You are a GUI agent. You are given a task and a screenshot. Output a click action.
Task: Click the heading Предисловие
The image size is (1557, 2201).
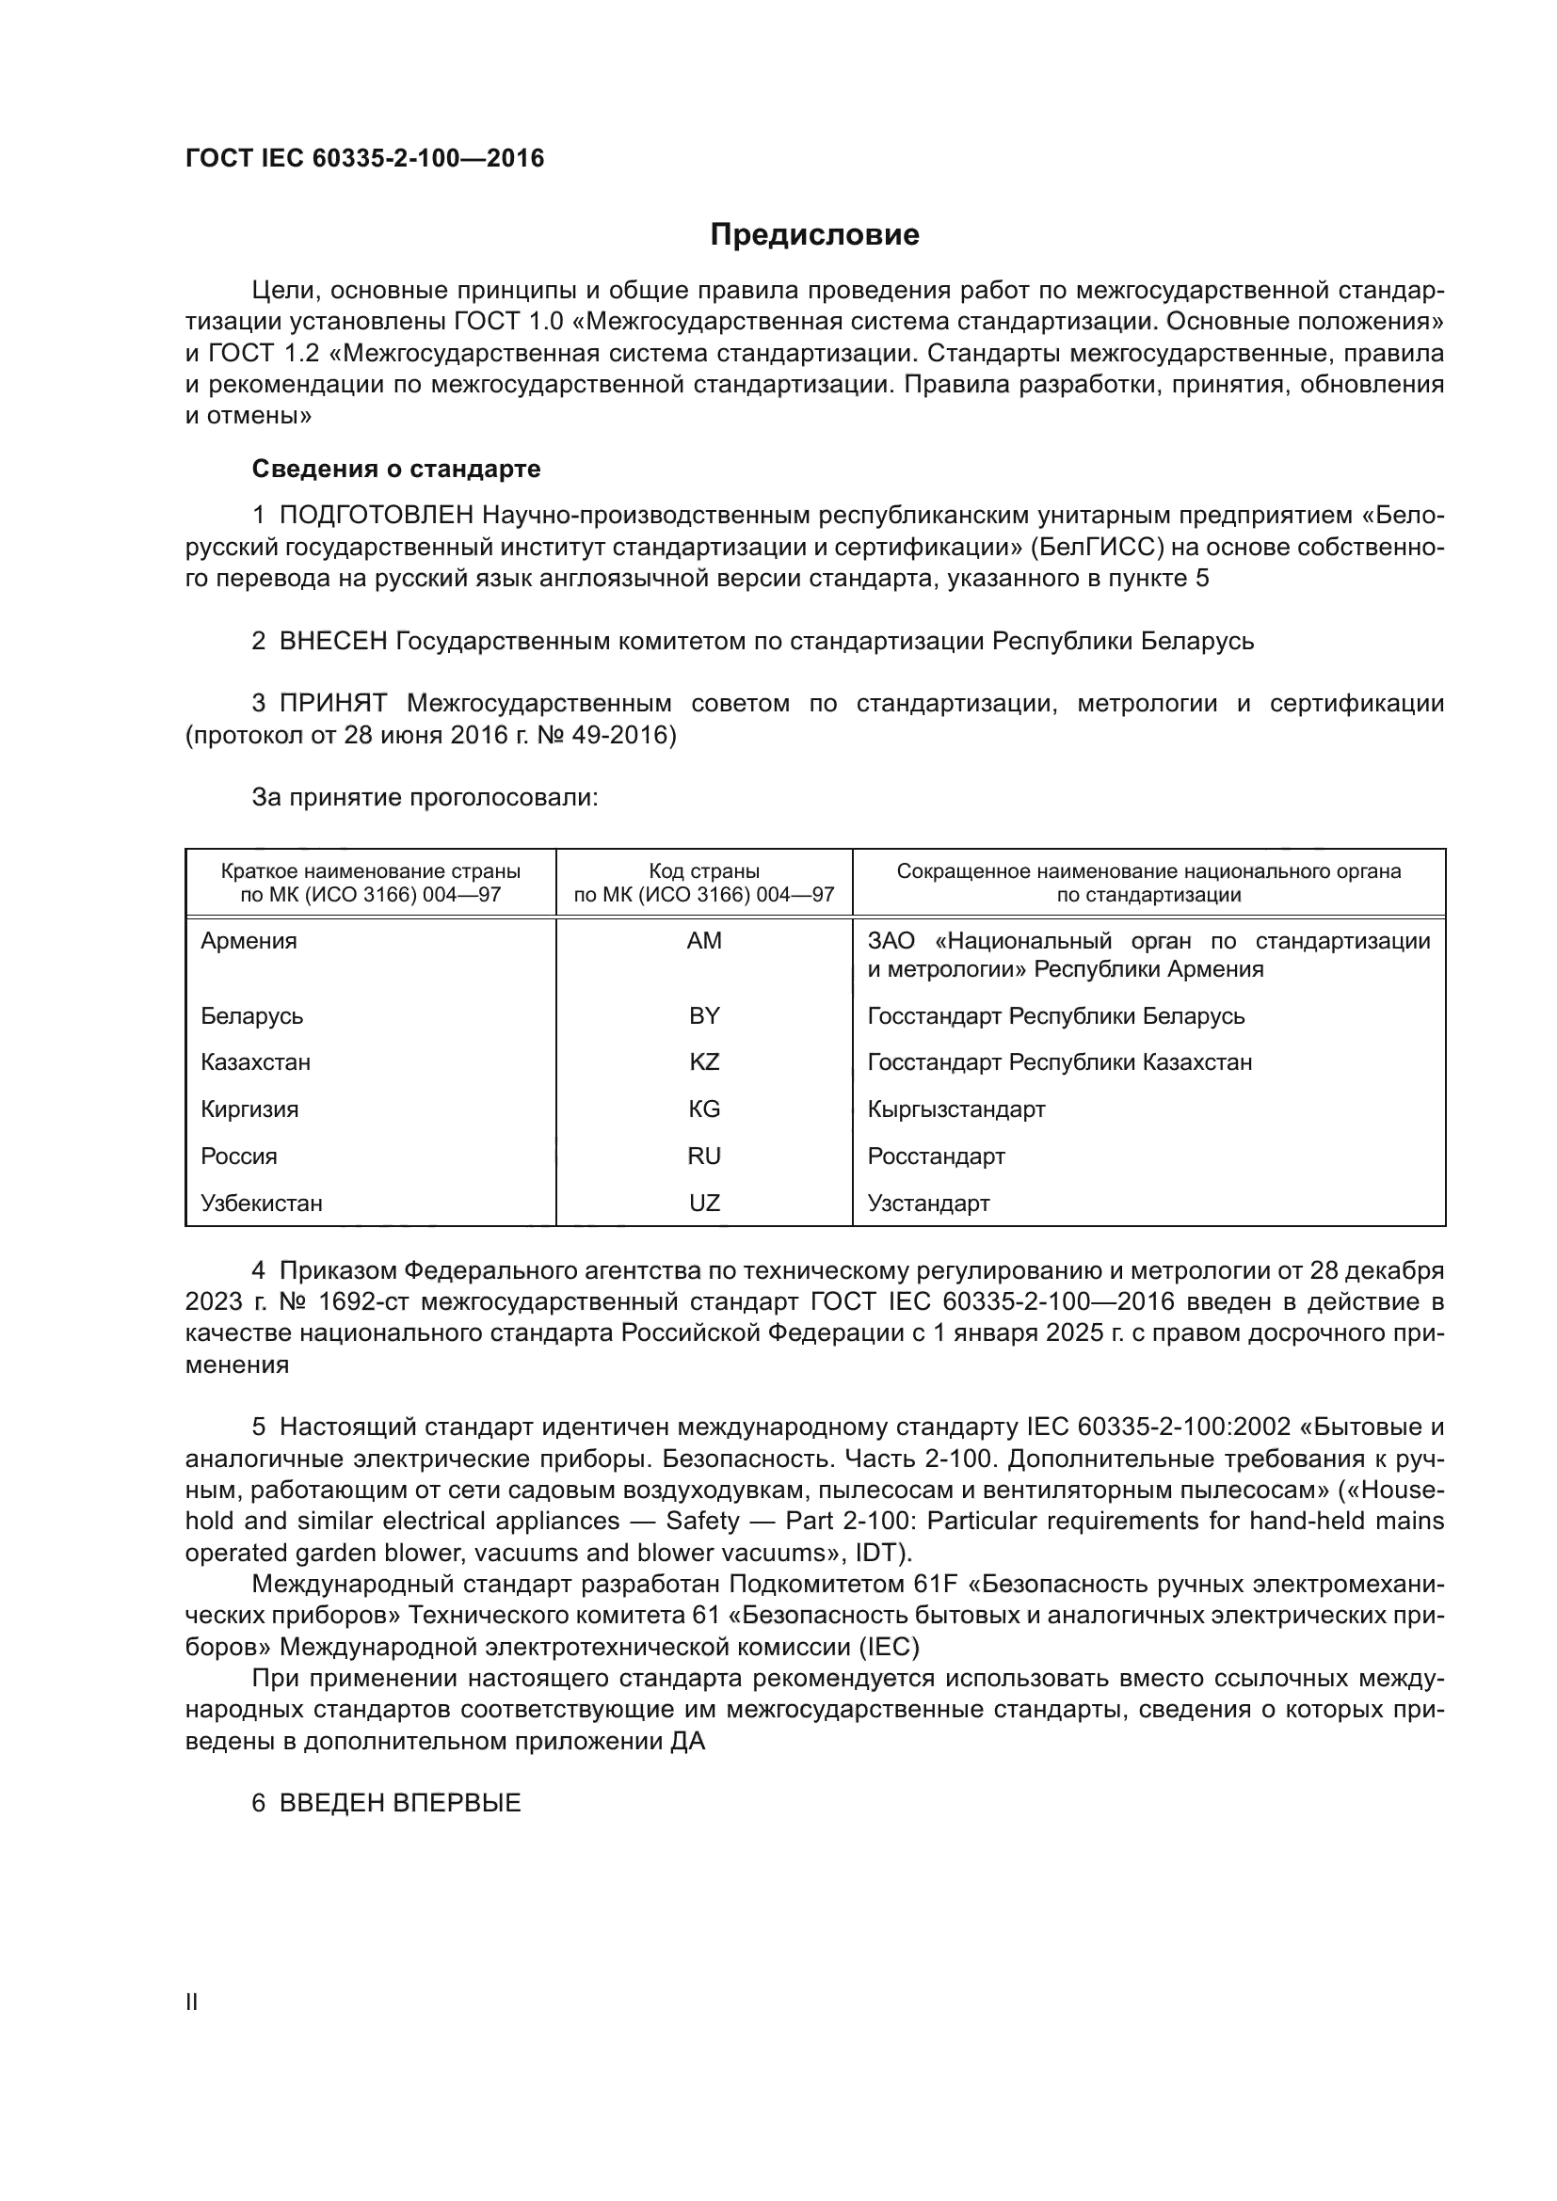(x=814, y=235)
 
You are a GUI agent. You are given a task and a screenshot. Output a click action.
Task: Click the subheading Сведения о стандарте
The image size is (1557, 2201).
(x=396, y=469)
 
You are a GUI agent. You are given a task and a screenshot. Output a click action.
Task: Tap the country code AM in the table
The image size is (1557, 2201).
(x=704, y=941)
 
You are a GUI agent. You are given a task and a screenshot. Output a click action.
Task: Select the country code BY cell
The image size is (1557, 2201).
(x=704, y=1016)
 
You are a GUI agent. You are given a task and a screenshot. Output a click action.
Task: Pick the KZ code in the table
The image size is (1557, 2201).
(x=704, y=1062)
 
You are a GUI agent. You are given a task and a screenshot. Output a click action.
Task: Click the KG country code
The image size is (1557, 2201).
(x=704, y=1109)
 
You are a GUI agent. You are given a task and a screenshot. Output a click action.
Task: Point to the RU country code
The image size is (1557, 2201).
(x=704, y=1156)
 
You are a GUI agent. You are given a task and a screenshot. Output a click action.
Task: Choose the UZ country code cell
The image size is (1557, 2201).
(x=704, y=1204)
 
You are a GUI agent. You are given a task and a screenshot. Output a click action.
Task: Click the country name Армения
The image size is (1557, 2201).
(x=249, y=941)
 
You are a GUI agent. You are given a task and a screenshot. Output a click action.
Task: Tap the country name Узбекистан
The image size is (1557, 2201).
(x=261, y=1204)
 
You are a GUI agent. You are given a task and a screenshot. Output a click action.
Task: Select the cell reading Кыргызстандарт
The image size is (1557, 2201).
(x=955, y=1109)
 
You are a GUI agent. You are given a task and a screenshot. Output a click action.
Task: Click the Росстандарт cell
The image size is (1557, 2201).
(x=936, y=1156)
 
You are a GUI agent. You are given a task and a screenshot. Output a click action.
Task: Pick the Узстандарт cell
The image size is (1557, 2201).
(x=928, y=1204)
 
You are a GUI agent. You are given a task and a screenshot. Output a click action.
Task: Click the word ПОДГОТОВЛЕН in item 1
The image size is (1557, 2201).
(x=376, y=516)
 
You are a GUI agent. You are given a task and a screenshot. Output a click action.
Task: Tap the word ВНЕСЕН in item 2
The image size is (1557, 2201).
(x=332, y=642)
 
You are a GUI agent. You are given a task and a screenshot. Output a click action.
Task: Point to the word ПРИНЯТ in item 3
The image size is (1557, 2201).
(x=332, y=704)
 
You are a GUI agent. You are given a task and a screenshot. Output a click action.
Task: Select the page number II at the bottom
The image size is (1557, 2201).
(x=192, y=2002)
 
